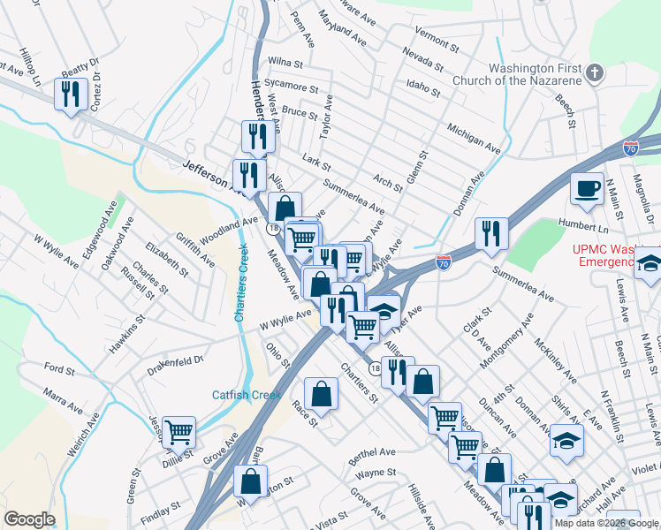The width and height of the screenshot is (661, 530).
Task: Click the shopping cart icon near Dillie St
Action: click(x=179, y=432)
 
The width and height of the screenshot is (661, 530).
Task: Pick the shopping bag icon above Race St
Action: click(x=322, y=392)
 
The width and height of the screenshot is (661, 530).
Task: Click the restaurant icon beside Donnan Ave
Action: click(x=491, y=232)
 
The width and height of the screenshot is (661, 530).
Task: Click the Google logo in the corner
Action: click(x=29, y=519)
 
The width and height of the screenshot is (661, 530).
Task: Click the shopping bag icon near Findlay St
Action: click(x=251, y=481)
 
